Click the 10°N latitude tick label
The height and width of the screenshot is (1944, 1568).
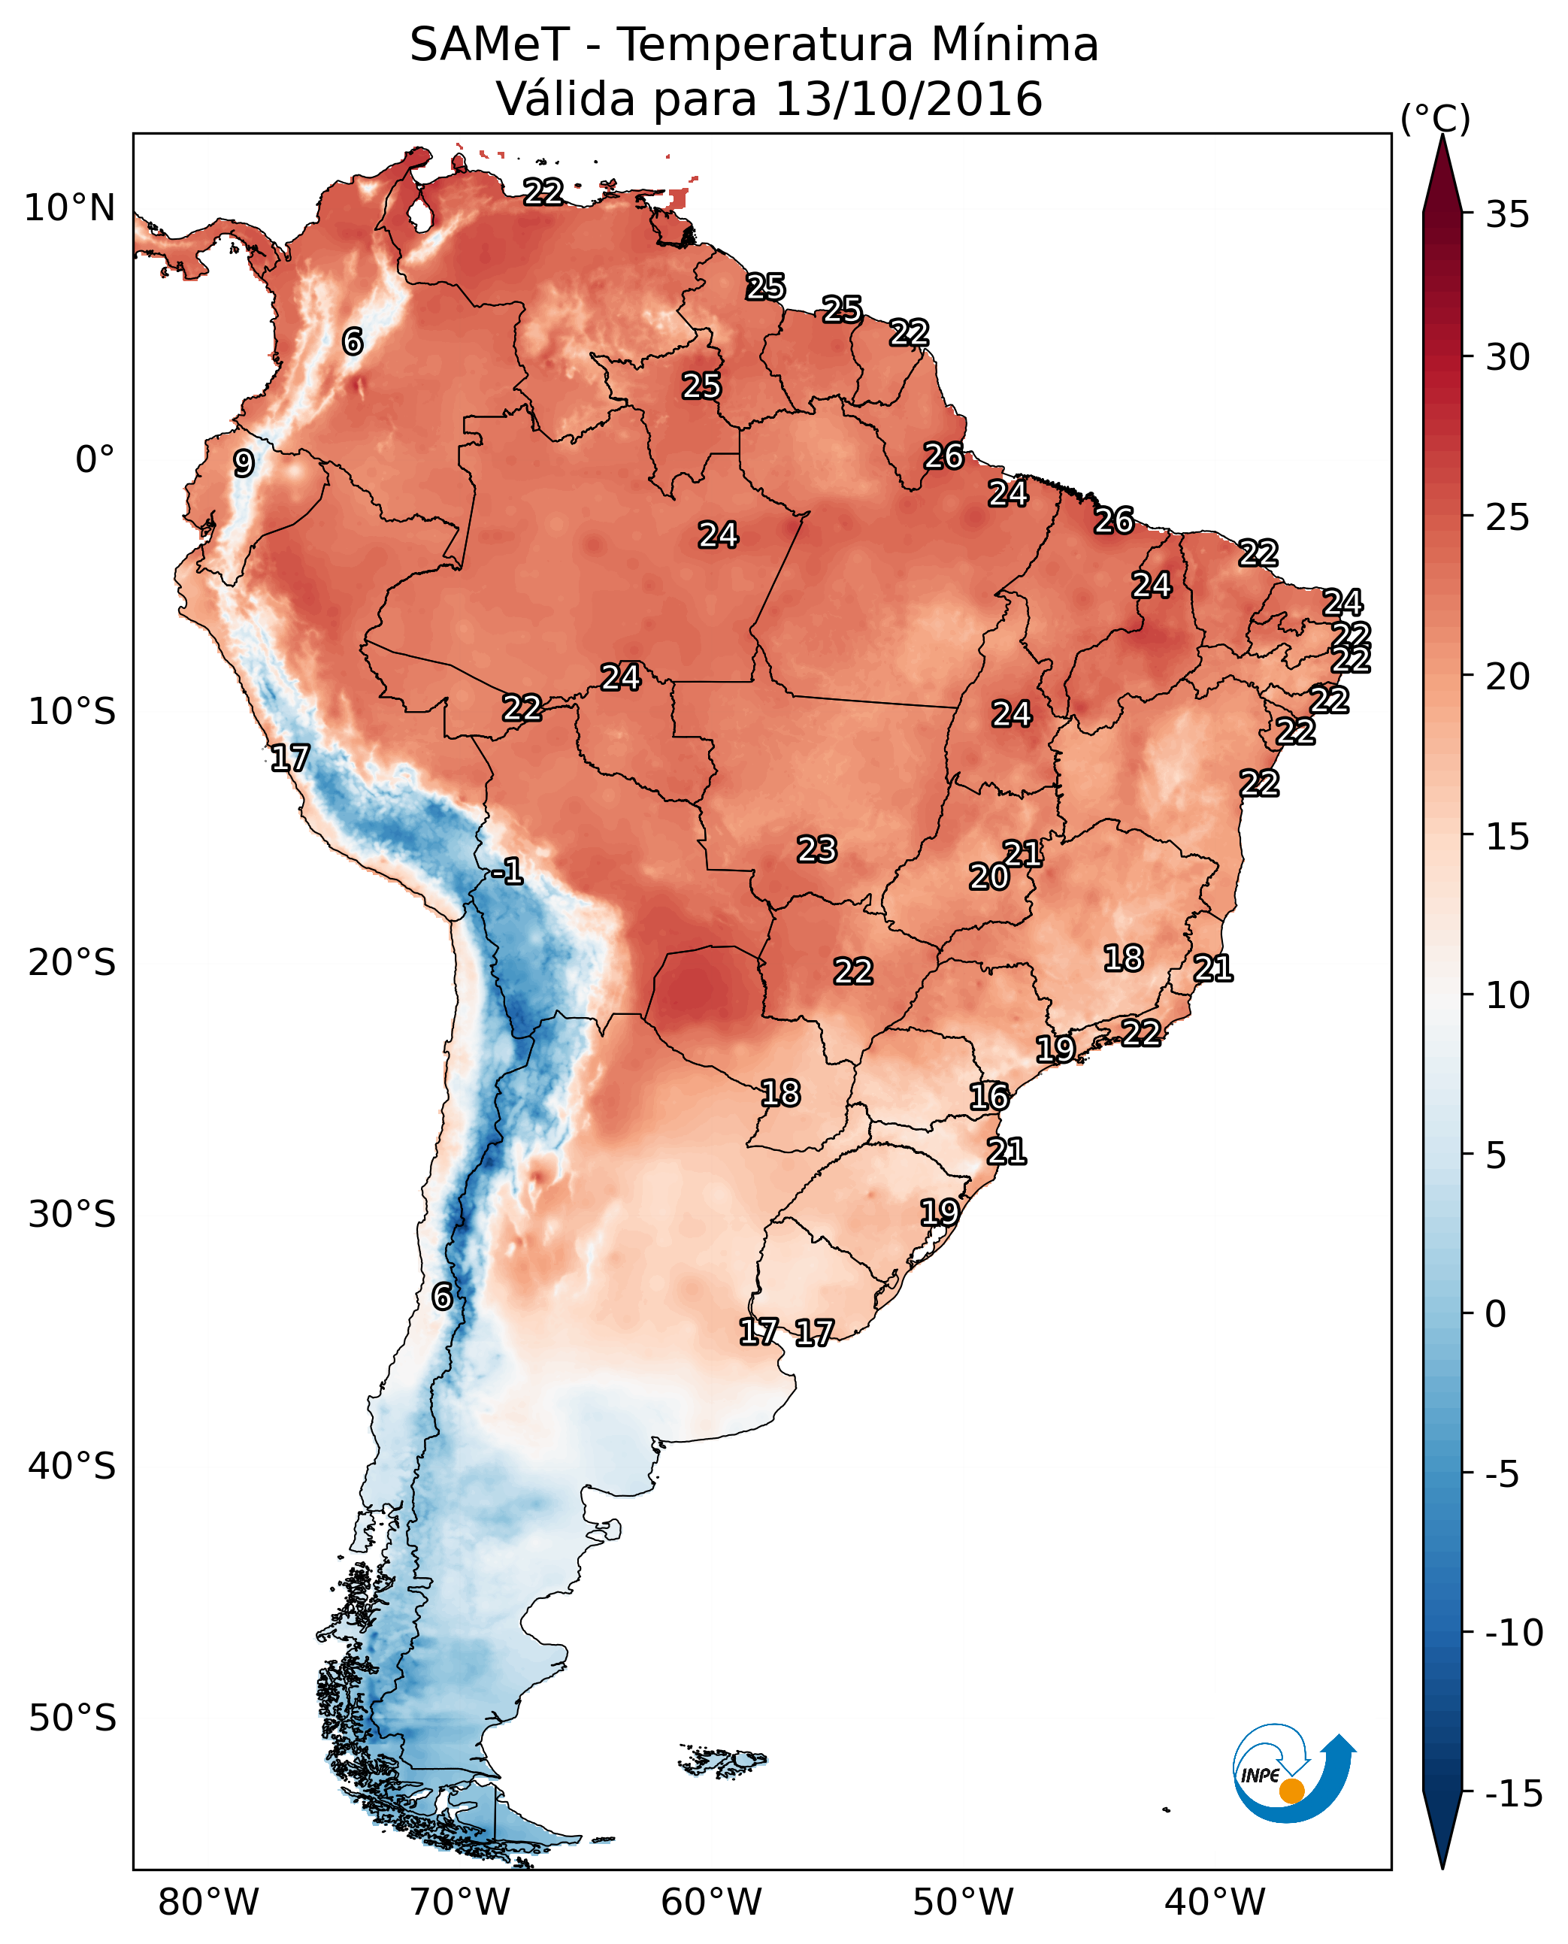pyautogui.click(x=70, y=209)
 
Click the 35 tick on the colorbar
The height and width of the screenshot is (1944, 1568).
pyautogui.click(x=1507, y=215)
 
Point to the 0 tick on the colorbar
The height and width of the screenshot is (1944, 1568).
pyautogui.click(x=1496, y=1314)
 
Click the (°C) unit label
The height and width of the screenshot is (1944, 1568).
pyautogui.click(x=1435, y=118)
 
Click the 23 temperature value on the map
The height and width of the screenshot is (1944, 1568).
pyautogui.click(x=816, y=850)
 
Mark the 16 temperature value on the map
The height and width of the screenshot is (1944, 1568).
pyautogui.click(x=989, y=1098)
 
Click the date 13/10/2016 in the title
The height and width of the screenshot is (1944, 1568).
pyautogui.click(x=909, y=99)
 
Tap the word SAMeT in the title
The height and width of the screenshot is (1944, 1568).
pyautogui.click(x=489, y=45)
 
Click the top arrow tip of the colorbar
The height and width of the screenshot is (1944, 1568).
pyautogui.click(x=1442, y=138)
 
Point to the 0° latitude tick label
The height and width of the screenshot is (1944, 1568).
pyautogui.click(x=95, y=460)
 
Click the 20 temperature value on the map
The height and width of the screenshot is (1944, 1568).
pyautogui.click(x=989, y=877)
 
